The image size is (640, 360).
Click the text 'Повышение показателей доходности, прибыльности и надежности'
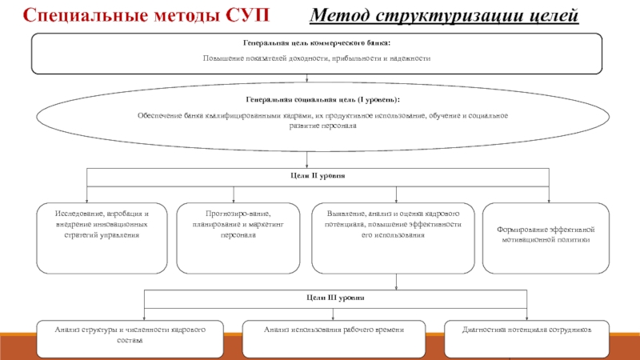tap(317, 58)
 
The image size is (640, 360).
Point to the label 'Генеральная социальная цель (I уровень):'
tap(322, 99)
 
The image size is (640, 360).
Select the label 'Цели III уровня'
tap(335, 297)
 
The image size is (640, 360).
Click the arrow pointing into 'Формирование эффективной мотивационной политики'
tap(549, 198)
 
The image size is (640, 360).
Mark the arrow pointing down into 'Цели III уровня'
tap(397, 283)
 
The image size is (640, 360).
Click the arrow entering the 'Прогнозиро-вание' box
tap(234, 198)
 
